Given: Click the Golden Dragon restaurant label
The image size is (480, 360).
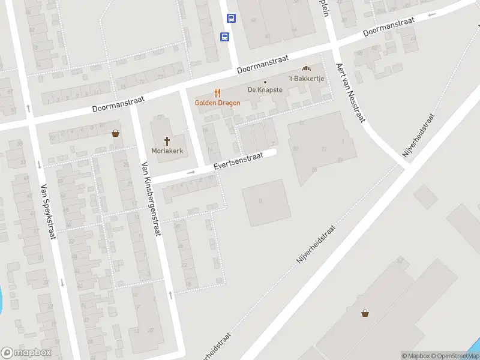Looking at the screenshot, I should pos(217,103).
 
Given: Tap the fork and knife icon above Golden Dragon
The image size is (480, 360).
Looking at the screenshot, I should pos(217,93).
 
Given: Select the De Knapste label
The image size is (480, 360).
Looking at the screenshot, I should pos(265,90).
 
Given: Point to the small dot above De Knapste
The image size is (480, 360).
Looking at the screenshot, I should pos(265,82).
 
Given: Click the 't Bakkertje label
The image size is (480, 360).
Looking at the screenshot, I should pos(307,79).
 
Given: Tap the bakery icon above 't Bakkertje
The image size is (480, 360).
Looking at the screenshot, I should pos(307,70).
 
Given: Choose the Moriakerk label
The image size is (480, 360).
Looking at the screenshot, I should pos(167,150).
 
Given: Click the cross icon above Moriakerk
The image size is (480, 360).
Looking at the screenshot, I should pos(167,139).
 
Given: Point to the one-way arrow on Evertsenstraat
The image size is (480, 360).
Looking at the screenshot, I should pos(191,172).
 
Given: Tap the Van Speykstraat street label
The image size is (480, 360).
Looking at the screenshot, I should pos(47,211).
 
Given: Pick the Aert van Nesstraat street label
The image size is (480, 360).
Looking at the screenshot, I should pos(350,93).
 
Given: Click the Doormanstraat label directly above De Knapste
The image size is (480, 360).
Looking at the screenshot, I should pos(263,65).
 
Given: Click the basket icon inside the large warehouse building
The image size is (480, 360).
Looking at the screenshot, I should pos(365,313).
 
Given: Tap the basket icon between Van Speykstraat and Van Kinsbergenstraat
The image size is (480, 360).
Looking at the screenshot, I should pos(115,133).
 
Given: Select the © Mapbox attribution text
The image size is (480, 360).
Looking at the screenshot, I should pos(416,355).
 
